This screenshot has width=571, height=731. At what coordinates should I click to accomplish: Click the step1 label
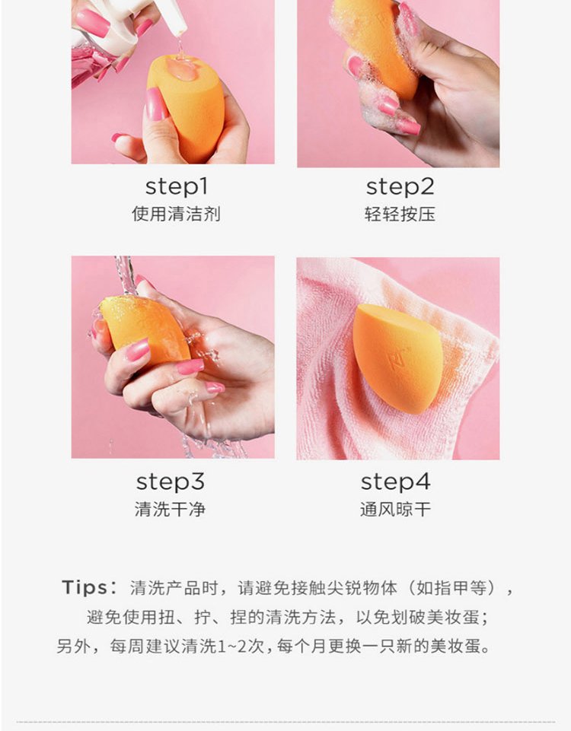tap(177, 187)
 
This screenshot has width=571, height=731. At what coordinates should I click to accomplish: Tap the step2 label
tap(400, 187)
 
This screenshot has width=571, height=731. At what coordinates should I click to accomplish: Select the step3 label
tap(171, 482)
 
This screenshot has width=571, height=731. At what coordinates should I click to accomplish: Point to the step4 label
tap(395, 482)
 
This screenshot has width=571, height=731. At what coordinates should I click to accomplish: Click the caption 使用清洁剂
tap(176, 214)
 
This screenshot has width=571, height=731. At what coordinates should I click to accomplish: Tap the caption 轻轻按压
tap(400, 214)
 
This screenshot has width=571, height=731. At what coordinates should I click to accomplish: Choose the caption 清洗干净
tap(171, 509)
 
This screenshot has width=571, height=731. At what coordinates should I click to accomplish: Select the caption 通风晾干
tap(395, 509)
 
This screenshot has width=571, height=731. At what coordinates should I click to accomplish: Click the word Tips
tap(84, 587)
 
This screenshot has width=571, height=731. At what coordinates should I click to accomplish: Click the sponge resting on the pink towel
tap(397, 358)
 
